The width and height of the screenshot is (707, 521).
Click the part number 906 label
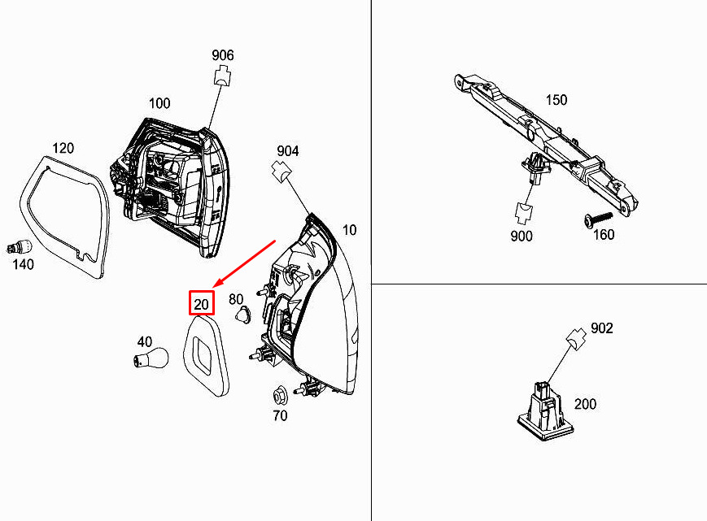coord(223,55)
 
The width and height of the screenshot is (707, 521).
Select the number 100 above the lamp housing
coord(159,103)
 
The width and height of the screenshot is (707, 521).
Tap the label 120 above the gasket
coord(63,148)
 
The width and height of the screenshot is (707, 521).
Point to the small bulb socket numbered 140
coord(20,247)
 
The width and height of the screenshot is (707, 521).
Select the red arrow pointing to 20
coord(244,264)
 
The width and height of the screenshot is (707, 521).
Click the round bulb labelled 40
coord(151,358)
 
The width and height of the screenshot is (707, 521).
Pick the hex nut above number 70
coord(280,395)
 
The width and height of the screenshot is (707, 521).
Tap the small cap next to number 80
coord(243,314)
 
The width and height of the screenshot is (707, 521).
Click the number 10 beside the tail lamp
coord(350,230)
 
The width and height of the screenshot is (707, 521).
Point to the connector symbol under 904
coord(281,171)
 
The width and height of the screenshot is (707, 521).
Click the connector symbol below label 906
coord(222,76)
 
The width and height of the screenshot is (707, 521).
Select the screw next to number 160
coord(598,219)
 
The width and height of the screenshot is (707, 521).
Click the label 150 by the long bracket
coord(556,99)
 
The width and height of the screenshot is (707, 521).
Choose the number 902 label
coord(602,328)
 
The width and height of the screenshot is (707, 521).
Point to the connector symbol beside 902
coord(576,338)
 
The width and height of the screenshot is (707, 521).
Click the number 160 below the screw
coord(604,235)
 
